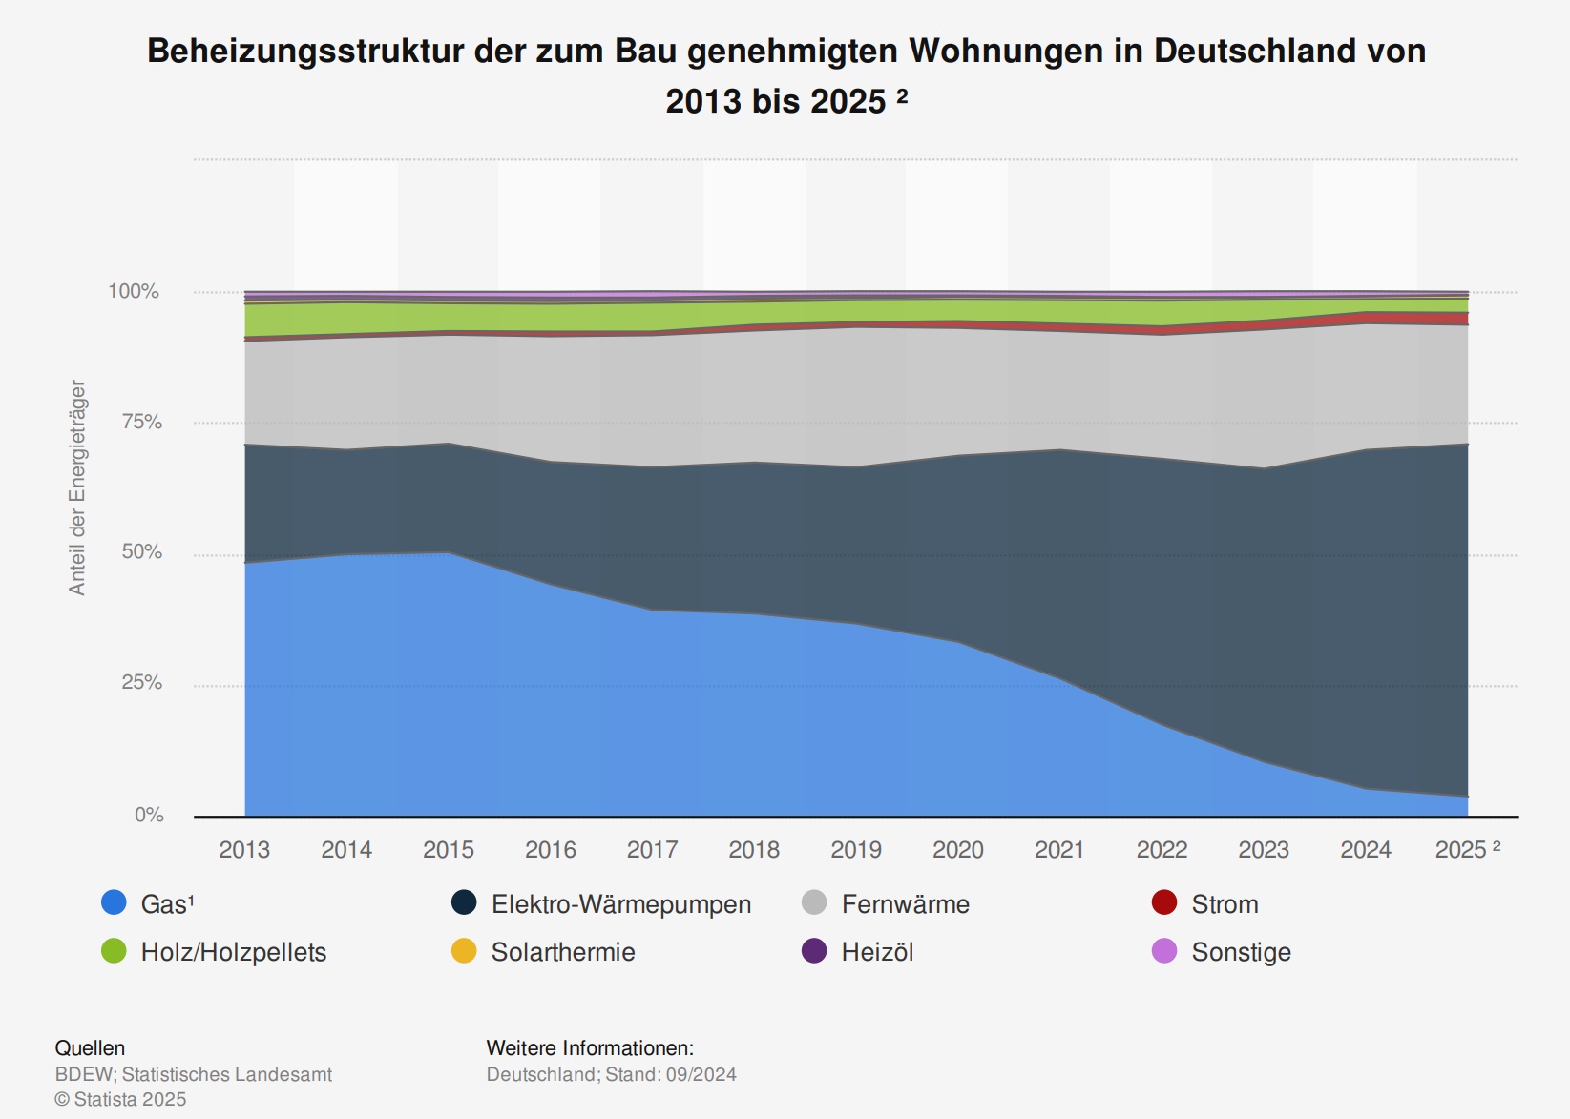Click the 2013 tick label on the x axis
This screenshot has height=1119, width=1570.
click(244, 849)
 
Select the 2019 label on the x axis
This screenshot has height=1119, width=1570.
click(856, 849)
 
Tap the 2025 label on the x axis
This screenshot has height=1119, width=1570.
click(1460, 849)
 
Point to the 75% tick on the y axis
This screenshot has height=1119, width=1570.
click(141, 422)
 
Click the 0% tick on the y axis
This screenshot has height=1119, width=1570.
click(149, 815)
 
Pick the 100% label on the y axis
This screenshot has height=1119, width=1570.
click(134, 291)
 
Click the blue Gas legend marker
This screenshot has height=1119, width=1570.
click(114, 902)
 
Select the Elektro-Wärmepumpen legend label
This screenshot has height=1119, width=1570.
click(620, 904)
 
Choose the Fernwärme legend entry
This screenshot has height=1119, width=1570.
click(905, 904)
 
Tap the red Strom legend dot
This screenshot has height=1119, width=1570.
click(1164, 902)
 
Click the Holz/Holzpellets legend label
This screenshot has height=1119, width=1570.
click(234, 952)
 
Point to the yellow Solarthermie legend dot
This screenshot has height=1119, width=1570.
click(464, 951)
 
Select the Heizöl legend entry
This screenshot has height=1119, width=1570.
click(877, 952)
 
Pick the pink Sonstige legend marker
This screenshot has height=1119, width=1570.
click(1164, 951)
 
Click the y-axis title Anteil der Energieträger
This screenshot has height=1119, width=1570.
click(77, 487)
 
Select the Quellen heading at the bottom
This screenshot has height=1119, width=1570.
click(90, 1047)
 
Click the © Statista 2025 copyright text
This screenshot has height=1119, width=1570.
click(120, 1099)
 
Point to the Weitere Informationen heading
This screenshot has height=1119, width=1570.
click(590, 1047)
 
